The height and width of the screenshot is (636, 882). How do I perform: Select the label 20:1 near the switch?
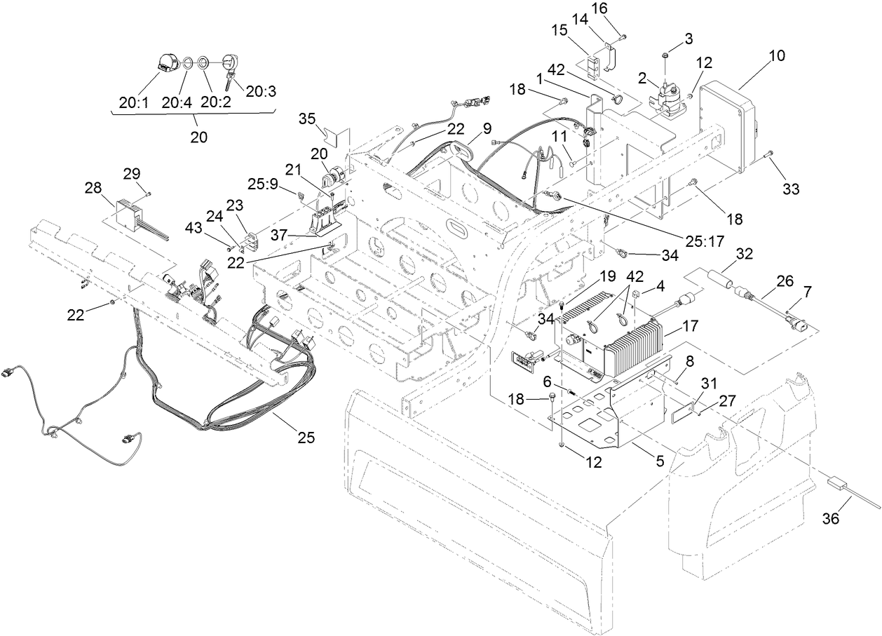(133, 102)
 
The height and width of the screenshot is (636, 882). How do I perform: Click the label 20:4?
(177, 102)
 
